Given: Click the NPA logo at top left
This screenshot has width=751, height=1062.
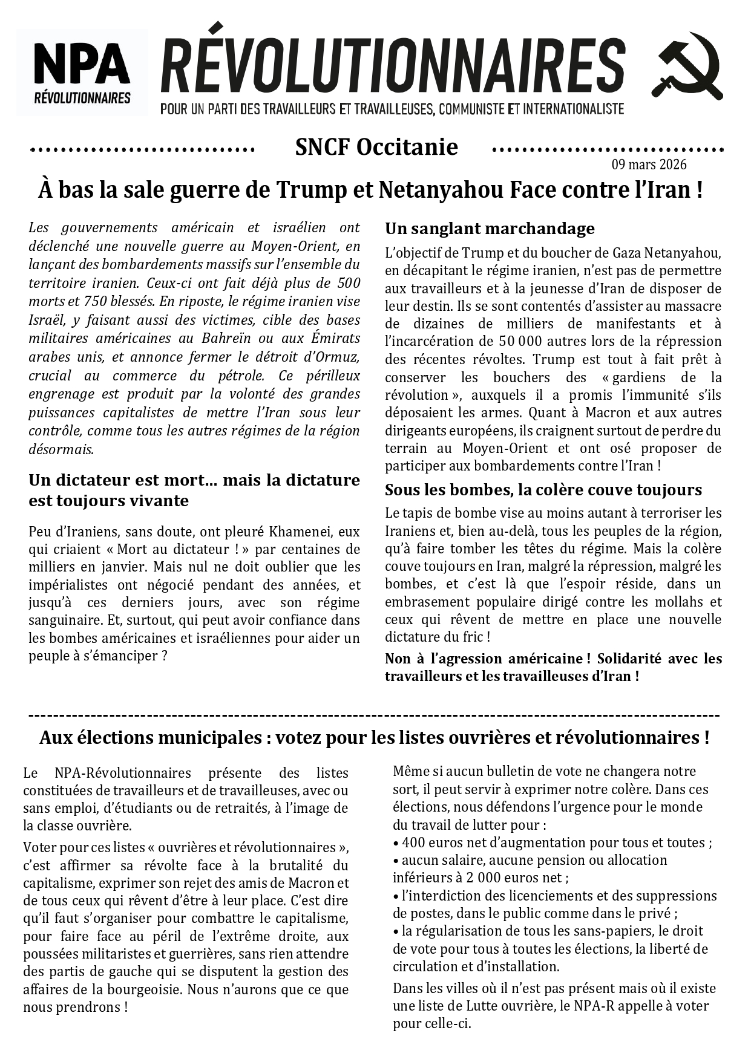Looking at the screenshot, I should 82,72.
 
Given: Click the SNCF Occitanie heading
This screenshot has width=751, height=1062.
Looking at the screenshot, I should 376,147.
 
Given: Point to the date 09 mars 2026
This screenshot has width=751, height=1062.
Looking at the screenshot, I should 649,165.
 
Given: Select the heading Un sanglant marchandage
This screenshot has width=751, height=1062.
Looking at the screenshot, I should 490,229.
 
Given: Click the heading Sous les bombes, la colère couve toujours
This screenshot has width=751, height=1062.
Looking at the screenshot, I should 543,490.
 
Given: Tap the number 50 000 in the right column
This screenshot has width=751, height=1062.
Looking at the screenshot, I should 520,341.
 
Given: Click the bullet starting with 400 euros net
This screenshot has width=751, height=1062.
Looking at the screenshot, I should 552,842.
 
